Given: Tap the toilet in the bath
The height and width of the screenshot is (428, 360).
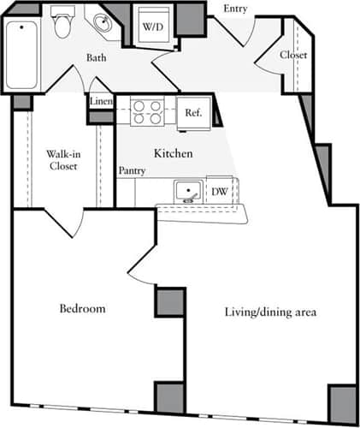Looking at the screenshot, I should (x=62, y=26).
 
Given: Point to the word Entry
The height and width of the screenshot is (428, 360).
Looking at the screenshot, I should (x=236, y=9).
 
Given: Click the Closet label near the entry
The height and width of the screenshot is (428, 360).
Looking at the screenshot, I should (x=293, y=55).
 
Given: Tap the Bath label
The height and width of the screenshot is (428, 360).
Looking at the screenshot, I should (x=97, y=58).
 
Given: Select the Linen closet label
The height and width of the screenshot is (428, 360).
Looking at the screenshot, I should (x=101, y=102).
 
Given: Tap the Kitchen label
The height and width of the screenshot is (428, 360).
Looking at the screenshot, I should (x=173, y=153).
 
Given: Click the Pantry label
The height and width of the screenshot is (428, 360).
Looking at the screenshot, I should (x=132, y=171).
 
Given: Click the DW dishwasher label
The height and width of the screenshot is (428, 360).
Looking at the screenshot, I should (x=219, y=192).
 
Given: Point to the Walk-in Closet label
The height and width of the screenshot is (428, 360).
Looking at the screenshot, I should (x=62, y=160).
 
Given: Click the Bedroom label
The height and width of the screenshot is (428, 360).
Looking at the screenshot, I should (x=82, y=308).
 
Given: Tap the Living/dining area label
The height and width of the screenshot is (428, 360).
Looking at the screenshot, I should (x=269, y=312).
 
